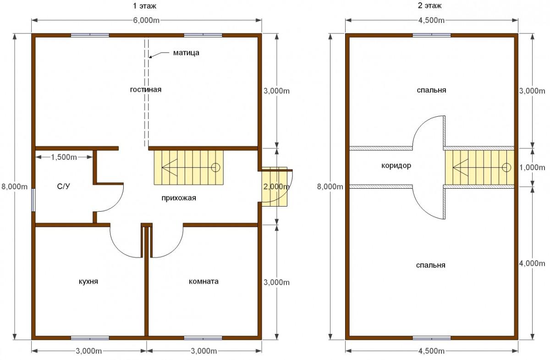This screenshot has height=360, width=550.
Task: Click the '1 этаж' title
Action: (145, 6)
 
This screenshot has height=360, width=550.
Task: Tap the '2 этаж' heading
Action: (430, 5)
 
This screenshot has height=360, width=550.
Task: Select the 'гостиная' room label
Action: (146, 90)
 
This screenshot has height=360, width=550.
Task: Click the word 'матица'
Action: (186, 53)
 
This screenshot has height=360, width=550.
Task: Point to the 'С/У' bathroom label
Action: (63, 186)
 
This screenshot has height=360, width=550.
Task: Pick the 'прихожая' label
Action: (179, 198)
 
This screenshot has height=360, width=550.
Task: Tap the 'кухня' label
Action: (88, 281)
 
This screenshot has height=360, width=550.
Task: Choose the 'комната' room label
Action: (203, 281)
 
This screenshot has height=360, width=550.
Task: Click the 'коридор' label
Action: (396, 166)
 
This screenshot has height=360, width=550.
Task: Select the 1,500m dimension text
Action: (64, 157)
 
